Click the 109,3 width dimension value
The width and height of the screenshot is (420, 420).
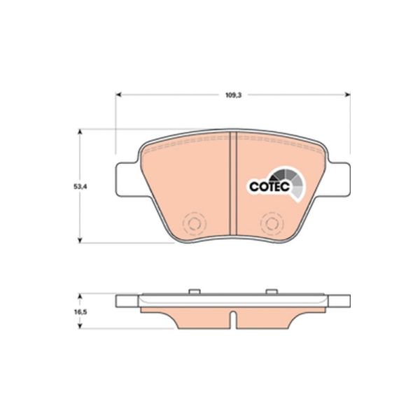coord(233,95)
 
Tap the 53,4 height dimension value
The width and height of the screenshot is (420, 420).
coord(80,187)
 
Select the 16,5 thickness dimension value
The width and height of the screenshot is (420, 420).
coord(80,312)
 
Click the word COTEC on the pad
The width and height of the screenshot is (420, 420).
coord(269,186)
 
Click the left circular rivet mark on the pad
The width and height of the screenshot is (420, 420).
coord(194,223)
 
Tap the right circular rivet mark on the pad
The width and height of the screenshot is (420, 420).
coord(272,223)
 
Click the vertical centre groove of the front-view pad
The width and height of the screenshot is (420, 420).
coord(234,184)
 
